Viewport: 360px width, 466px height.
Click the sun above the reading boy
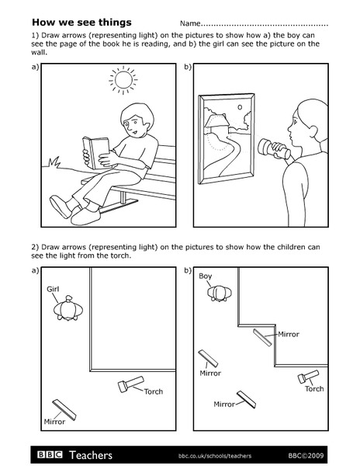click(x=122, y=80)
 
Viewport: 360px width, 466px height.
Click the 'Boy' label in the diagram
click(x=206, y=276)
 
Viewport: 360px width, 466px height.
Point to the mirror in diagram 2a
click(x=64, y=409)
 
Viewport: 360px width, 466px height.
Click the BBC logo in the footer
click(x=48, y=454)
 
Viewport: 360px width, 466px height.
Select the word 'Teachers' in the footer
click(x=91, y=454)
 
